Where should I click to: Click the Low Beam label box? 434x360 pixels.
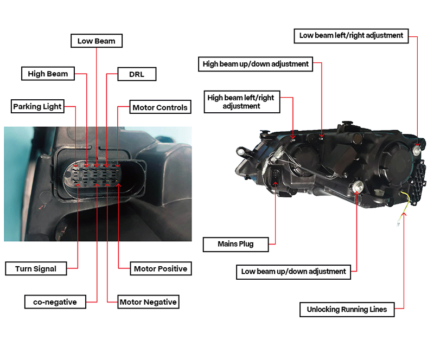pyautogui.click(x=97, y=41)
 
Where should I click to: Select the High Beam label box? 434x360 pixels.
pyautogui.click(x=48, y=74)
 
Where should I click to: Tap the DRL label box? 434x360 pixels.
pyautogui.click(x=137, y=74)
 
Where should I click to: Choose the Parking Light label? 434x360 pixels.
pyautogui.click(x=37, y=106)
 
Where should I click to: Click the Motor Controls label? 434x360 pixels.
pyautogui.click(x=160, y=107)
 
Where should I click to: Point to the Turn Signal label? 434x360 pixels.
pyautogui.click(x=36, y=268)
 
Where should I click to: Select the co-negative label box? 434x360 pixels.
pyautogui.click(x=55, y=301)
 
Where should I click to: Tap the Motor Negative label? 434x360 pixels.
pyautogui.click(x=148, y=301)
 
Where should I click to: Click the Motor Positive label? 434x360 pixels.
pyautogui.click(x=161, y=268)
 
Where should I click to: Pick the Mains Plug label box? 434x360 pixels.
pyautogui.click(x=235, y=245)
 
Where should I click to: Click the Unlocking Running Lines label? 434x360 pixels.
pyautogui.click(x=347, y=310)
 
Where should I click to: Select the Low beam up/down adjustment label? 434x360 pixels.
pyautogui.click(x=293, y=272)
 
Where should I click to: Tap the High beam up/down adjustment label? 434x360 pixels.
pyautogui.click(x=256, y=64)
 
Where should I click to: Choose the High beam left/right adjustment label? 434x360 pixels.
pyautogui.click(x=241, y=102)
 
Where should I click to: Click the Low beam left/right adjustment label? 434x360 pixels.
pyautogui.click(x=351, y=36)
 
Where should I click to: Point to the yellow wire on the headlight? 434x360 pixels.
pyautogui.click(x=406, y=203)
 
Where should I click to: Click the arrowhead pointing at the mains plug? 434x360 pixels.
pyautogui.click(x=276, y=184)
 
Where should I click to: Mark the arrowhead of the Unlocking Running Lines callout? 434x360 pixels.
pyautogui.click(x=404, y=214)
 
